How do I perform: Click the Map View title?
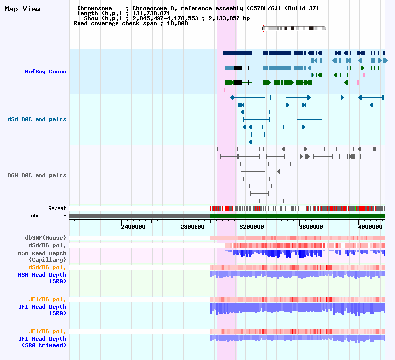point(22,9)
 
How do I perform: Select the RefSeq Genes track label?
point(45,72)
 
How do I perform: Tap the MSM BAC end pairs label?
point(37,119)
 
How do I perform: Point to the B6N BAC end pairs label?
point(37,175)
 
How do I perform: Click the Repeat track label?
point(57,208)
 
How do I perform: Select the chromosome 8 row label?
point(48,216)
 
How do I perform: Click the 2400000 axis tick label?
point(133,227)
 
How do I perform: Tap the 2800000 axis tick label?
point(193,227)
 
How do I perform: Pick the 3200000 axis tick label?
point(252,227)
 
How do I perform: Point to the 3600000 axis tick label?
point(311,227)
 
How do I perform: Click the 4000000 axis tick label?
point(370,227)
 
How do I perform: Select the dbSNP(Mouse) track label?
point(45,238)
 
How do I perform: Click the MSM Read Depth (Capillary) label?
point(42,256)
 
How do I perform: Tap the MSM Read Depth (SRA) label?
point(42,278)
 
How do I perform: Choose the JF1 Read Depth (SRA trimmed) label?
point(42,342)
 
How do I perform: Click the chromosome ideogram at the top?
point(294,28)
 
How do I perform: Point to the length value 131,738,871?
point(151,14)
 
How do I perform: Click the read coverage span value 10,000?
point(177,23)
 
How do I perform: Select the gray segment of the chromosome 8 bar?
point(140,216)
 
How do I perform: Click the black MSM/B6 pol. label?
point(47,245)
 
